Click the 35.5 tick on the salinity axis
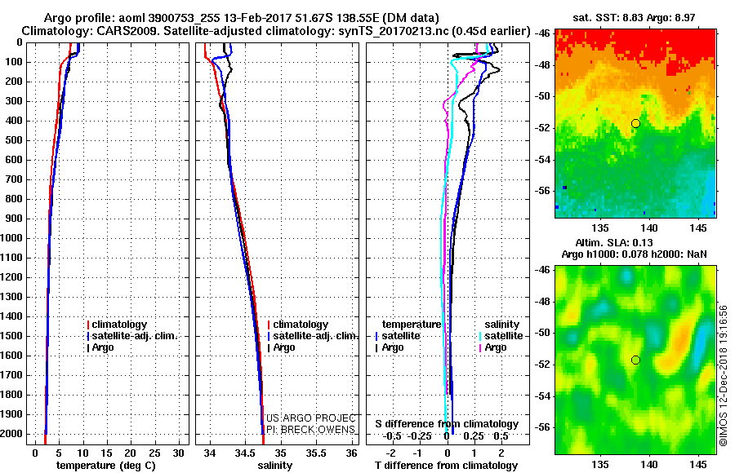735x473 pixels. pos(316,453)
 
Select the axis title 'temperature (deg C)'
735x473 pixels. pos(106,465)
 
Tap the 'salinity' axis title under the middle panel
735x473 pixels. pos(275,465)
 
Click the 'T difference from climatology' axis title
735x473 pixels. pos(446,465)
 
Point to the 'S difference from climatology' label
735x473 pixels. pos(447,424)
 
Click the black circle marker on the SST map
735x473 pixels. pos(635,124)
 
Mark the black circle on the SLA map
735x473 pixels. pos(635,360)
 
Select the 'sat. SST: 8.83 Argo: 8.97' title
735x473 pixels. pos(634,18)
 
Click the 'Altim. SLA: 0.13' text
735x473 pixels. pos(614,242)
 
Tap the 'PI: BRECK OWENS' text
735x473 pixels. pos(311,430)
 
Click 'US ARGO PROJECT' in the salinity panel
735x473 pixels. pos(311,418)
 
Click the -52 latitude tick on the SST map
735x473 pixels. pos(543,128)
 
